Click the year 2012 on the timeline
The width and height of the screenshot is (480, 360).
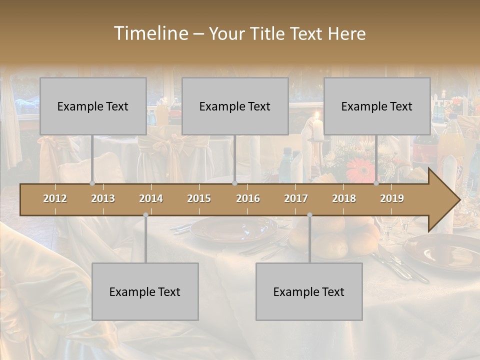click(55, 198)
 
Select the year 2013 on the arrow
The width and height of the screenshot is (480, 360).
click(103, 198)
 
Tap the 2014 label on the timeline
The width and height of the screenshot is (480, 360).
click(151, 198)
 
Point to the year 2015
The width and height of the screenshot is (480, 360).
click(199, 198)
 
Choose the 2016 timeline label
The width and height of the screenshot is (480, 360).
click(248, 198)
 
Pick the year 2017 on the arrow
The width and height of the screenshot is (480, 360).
click(296, 198)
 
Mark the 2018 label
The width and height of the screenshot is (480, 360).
click(344, 198)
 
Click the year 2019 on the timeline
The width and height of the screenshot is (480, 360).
click(392, 198)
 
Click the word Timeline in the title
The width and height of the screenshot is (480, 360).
click(150, 33)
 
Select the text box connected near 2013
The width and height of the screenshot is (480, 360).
click(93, 106)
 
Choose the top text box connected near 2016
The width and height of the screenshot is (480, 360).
click(235, 106)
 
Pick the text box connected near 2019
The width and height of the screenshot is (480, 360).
click(377, 106)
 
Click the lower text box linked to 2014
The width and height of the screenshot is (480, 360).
click(145, 291)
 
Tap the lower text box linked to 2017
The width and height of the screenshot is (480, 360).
click(309, 291)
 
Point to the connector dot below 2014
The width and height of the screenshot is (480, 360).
click(145, 215)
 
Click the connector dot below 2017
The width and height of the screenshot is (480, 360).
click(309, 215)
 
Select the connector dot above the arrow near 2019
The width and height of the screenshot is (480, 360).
click(376, 183)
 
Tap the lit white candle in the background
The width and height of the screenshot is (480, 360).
click(318, 127)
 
